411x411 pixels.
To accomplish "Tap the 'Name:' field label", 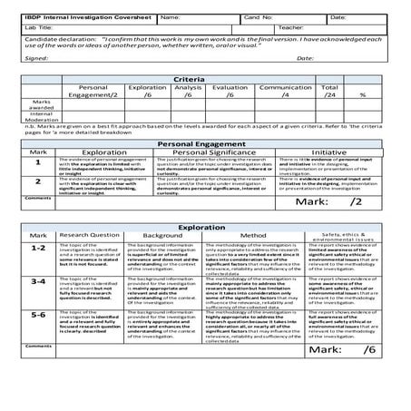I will point(170,17).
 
